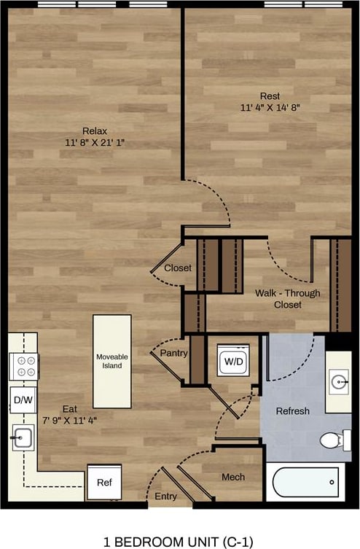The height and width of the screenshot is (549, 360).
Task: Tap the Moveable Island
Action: pyautogui.click(x=112, y=361)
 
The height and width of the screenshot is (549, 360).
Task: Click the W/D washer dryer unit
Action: pyautogui.click(x=233, y=360)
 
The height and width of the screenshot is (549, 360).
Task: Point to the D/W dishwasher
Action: pyautogui.click(x=23, y=399)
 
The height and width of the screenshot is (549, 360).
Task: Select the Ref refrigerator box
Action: pyautogui.click(x=104, y=482)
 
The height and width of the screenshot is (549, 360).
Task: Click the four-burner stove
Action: pyautogui.click(x=23, y=366)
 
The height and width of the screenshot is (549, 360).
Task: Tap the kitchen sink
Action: pyautogui.click(x=23, y=438)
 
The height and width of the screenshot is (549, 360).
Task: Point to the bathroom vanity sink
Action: pyautogui.click(x=338, y=381)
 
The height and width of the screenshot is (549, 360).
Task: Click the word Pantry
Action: pyautogui.click(x=174, y=353)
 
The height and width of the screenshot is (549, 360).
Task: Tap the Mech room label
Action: pyautogui.click(x=232, y=477)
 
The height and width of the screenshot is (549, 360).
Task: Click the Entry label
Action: pyautogui.click(x=165, y=497)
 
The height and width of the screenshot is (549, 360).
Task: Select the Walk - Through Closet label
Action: pyautogui.click(x=287, y=299)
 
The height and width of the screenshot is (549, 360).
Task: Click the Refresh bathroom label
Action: pyautogui.click(x=292, y=411)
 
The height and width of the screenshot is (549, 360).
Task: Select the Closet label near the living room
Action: pyautogui.click(x=178, y=268)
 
